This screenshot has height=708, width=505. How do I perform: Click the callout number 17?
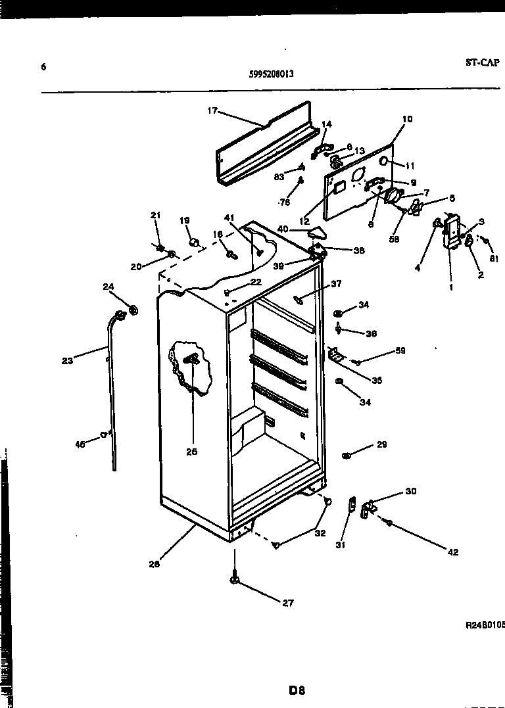212,111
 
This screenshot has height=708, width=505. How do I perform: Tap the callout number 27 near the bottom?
287,603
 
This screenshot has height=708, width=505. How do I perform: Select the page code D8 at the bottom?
297,690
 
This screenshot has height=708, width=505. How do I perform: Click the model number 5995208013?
271,74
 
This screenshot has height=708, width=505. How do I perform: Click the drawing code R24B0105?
484,626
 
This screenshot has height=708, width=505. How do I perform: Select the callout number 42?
453,552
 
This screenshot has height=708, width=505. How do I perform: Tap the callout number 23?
67,360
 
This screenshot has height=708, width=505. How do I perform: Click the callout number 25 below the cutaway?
191,452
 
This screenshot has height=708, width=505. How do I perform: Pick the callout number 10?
407,119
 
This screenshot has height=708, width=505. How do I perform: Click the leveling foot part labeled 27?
234,579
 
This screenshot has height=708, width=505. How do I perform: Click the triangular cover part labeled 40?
317,232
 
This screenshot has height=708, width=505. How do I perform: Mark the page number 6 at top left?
43,66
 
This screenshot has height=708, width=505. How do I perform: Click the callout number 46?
80,444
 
